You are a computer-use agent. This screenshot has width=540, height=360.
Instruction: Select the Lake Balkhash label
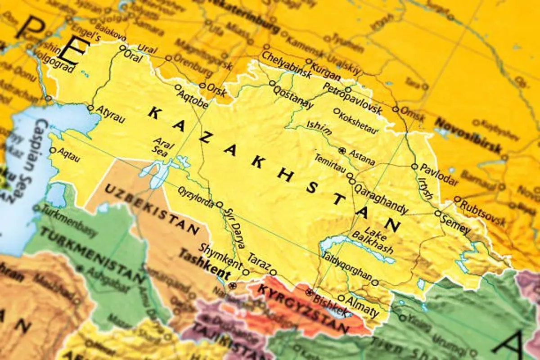click(x=374, y=241)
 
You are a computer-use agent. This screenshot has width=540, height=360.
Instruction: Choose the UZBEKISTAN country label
click(x=152, y=210)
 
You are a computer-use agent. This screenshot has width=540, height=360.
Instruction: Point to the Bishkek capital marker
click(x=309, y=292)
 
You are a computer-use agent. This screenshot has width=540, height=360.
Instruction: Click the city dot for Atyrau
click(x=90, y=108)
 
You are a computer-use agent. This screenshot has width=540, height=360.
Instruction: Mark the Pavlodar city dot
click(x=414, y=166)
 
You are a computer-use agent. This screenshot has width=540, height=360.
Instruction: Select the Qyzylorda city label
click(x=196, y=197)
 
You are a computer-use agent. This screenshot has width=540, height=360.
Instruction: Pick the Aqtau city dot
click(x=53, y=150)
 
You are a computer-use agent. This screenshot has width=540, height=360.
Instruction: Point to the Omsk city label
click(x=413, y=114)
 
